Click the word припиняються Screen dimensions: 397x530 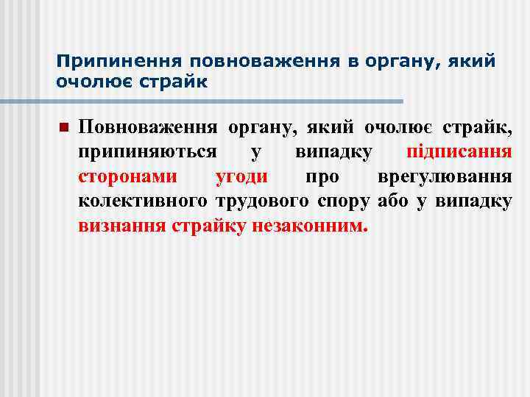pos(147,152)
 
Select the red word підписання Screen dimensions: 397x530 pos(459,152)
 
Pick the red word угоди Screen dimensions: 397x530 pos(241,176)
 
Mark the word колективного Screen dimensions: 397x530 pos(144,201)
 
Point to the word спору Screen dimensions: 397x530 pos(345,201)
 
